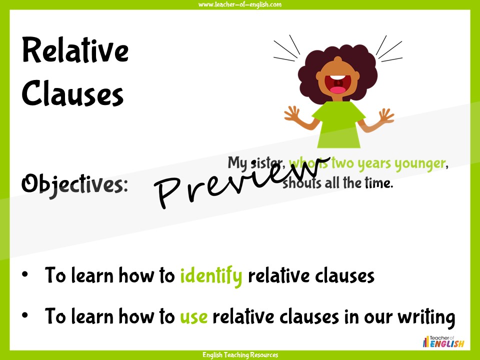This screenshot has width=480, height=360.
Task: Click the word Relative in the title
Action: pyautogui.click(x=75, y=50)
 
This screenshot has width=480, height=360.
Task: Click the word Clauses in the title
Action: pyautogui.click(x=72, y=93)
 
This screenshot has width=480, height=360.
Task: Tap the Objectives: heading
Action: pyautogui.click(x=74, y=184)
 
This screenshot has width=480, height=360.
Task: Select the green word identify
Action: pyautogui.click(x=211, y=276)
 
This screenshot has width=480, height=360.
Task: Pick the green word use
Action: pyautogui.click(x=194, y=317)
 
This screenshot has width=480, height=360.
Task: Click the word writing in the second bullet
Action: pyautogui.click(x=426, y=317)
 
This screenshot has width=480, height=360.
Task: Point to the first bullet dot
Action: pyautogui.click(x=25, y=274)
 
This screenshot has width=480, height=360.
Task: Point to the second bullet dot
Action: pyautogui.click(x=25, y=315)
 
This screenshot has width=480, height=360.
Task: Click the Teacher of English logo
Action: pyautogui.click(x=443, y=341)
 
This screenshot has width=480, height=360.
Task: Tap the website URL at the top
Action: pyautogui.click(x=240, y=4)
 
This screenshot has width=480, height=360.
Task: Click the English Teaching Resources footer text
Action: pyautogui.click(x=240, y=355)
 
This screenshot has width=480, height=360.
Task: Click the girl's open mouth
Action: pyautogui.click(x=337, y=84)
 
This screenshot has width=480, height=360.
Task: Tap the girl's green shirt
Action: pyautogui.click(x=338, y=125)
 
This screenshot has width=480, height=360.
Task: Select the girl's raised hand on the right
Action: pyautogui.click(x=385, y=115)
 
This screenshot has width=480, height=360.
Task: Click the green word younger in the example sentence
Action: pyautogui.click(x=419, y=164)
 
